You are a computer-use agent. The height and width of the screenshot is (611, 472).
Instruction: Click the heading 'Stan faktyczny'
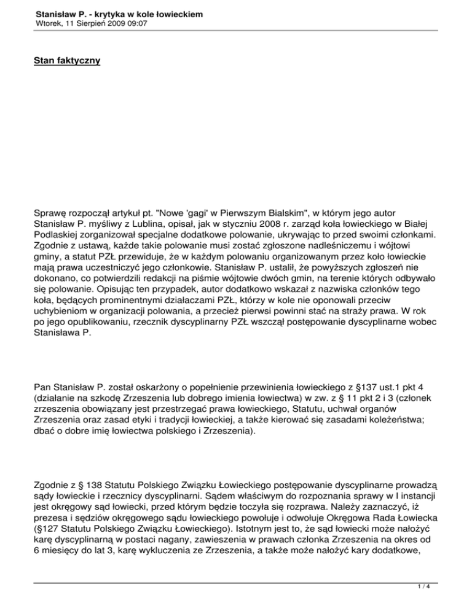pyautogui.click(x=68, y=61)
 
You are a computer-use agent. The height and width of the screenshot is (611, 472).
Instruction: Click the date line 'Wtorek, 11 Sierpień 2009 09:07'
pyautogui.click(x=91, y=23)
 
